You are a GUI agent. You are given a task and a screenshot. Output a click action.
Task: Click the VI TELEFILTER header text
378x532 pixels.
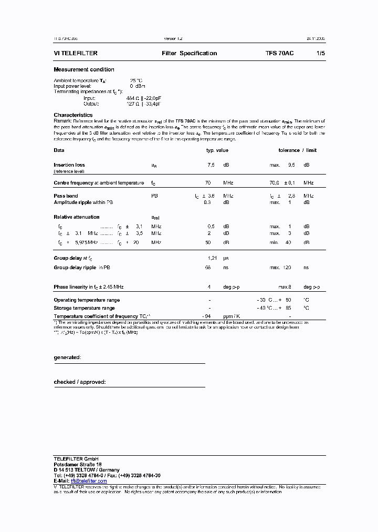click(x=76, y=53)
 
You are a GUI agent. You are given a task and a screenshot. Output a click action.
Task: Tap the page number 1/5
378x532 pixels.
click(x=320, y=53)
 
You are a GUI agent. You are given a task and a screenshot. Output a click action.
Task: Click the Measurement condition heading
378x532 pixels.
click(x=84, y=69)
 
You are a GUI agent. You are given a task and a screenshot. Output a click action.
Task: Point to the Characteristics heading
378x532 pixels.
click(x=73, y=115)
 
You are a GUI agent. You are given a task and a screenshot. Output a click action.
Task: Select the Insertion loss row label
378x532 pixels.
click(x=69, y=165)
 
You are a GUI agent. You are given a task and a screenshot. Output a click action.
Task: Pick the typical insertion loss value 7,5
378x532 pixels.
click(x=211, y=165)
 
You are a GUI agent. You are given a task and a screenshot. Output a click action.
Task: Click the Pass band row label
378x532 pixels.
click(x=66, y=196)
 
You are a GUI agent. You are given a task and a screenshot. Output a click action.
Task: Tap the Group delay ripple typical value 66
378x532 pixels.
click(x=208, y=268)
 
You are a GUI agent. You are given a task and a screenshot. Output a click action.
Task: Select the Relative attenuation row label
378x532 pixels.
click(x=77, y=217)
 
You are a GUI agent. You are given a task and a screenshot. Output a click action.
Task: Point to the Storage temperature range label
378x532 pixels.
click(x=84, y=308)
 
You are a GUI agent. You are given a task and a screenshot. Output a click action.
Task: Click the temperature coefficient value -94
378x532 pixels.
click(x=207, y=316)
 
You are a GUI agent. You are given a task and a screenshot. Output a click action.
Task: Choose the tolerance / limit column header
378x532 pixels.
click(x=297, y=150)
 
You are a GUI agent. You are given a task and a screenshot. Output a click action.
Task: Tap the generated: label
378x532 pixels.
click(x=67, y=357)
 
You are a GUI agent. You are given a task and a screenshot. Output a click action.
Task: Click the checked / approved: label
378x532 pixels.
click(x=80, y=382)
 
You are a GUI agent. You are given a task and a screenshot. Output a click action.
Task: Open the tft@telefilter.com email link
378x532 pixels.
click(x=89, y=481)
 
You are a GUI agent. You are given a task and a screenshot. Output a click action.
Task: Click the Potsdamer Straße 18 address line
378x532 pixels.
click(x=78, y=465)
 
